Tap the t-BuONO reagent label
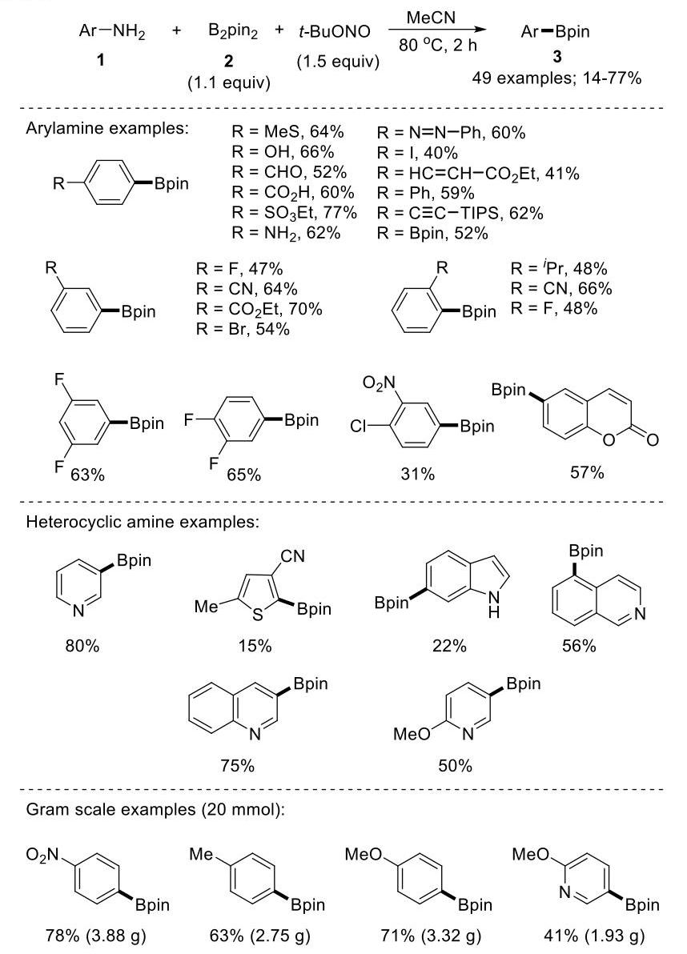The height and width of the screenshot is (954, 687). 334,32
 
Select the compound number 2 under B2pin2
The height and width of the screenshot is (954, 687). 228,60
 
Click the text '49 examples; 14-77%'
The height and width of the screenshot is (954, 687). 556,78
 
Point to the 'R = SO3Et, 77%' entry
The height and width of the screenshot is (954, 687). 294,213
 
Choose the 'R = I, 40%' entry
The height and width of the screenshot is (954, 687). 417,153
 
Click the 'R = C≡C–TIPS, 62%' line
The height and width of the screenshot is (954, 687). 460,213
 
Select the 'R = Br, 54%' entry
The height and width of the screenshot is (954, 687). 242,329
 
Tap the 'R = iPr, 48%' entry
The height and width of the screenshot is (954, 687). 559,268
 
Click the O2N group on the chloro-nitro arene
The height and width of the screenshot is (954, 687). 379,383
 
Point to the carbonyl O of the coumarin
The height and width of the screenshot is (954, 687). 652,440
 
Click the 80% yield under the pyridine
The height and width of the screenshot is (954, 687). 82,646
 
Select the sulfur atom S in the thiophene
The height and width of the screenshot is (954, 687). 257,615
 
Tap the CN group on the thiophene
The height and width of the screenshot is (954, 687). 293,556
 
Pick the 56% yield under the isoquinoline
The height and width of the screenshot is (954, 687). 579,646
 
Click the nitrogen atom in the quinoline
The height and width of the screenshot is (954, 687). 255,735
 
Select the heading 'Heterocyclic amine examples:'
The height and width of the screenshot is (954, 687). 143,522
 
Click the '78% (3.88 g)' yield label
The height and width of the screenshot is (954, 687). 96,935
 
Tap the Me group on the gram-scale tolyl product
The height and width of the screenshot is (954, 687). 201,854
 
